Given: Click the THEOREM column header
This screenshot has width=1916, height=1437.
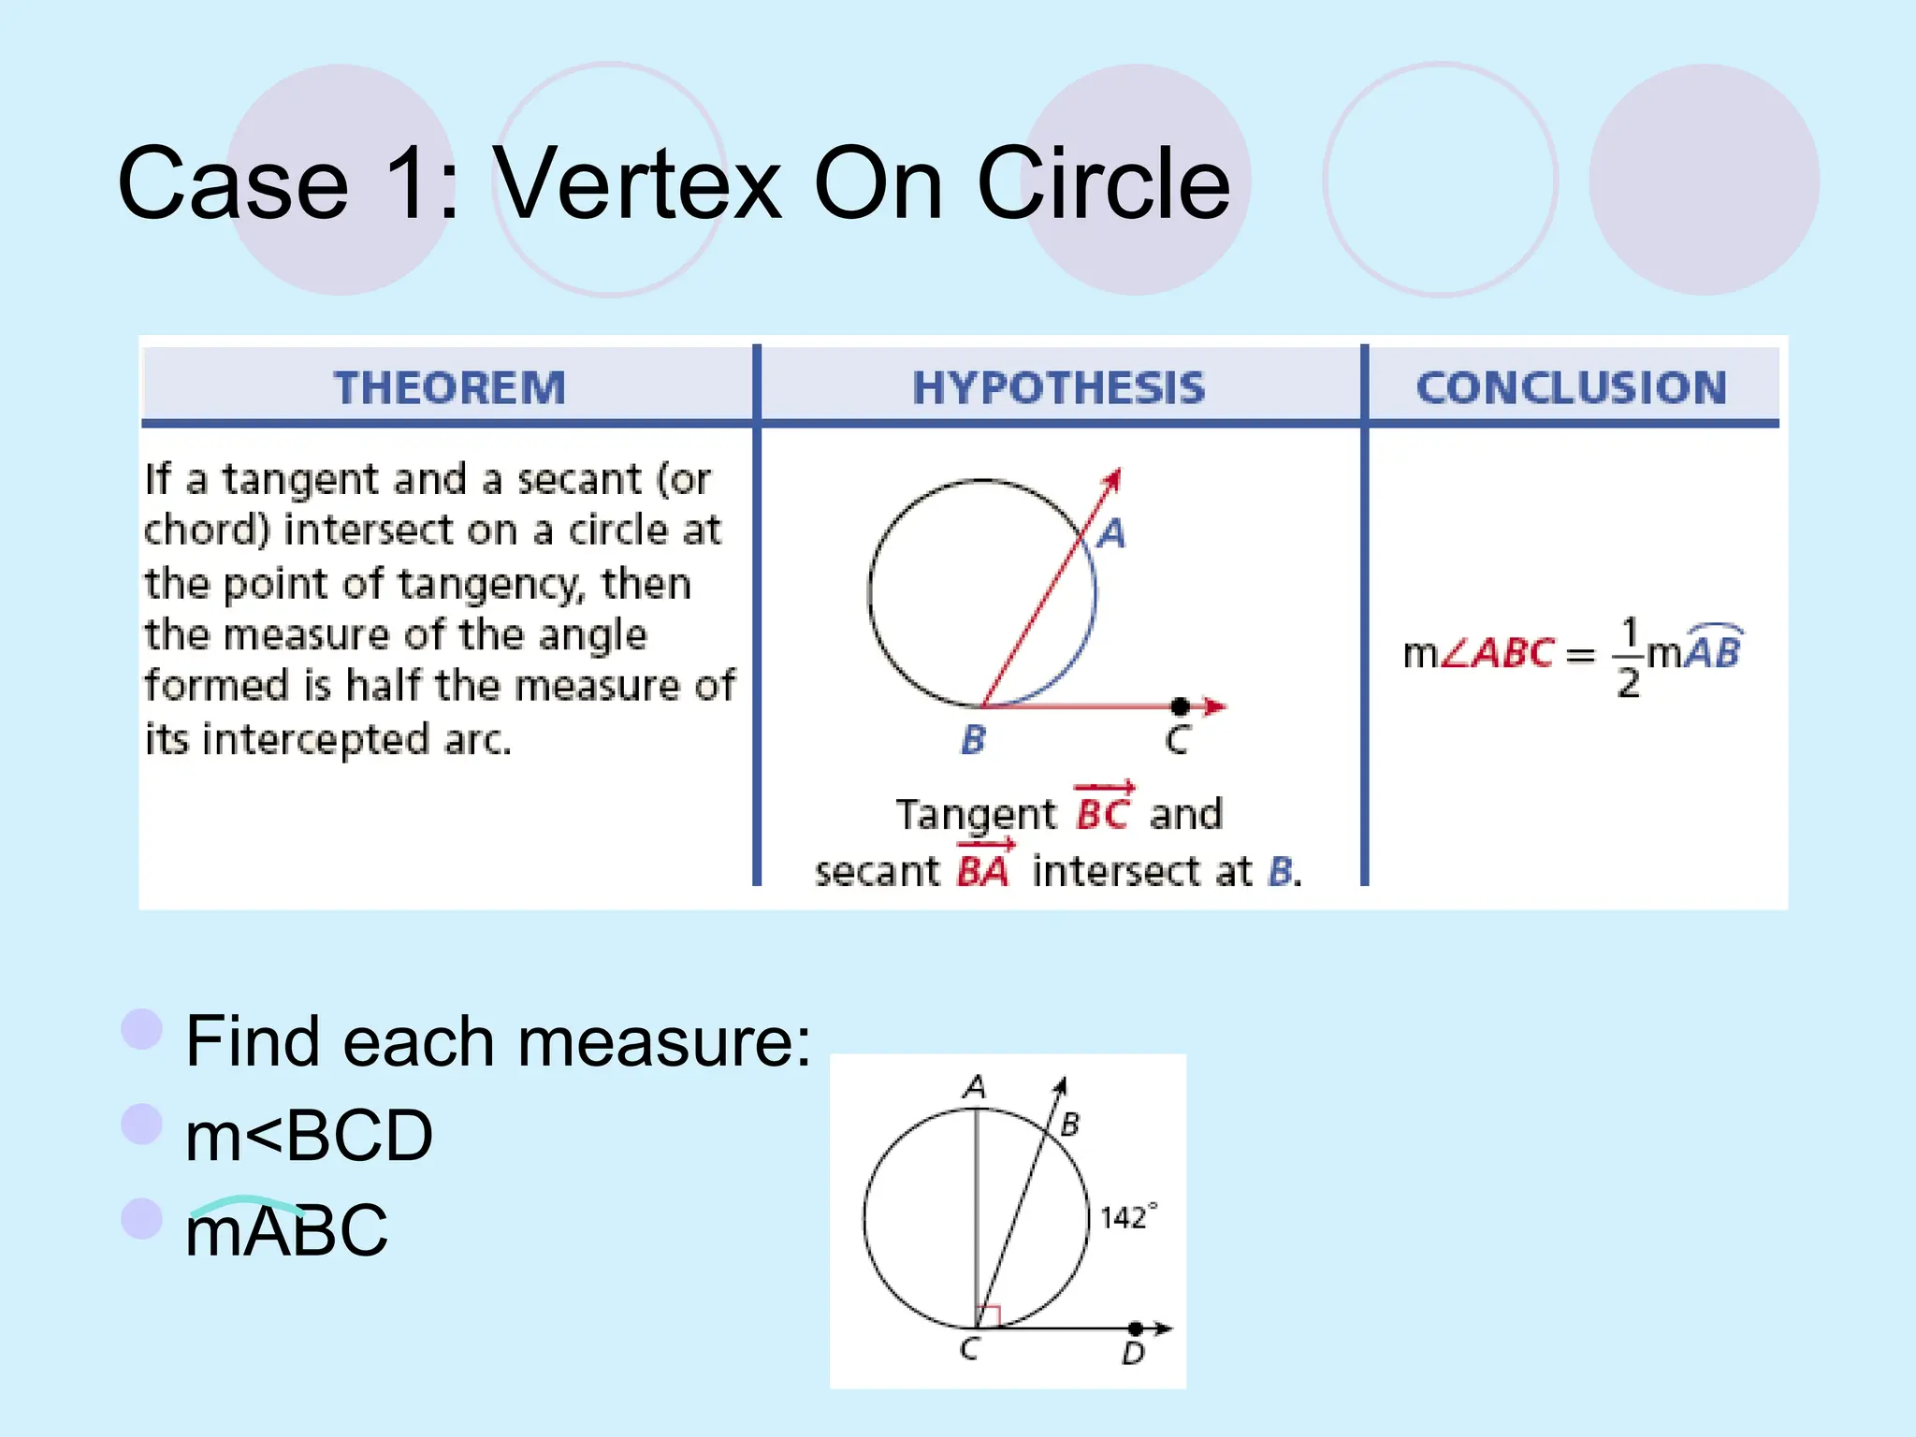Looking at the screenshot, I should coord(449,387).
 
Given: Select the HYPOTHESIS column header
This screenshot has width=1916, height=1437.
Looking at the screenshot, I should coord(1058,387).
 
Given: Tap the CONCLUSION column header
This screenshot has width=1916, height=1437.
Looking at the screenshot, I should coord(1571,387).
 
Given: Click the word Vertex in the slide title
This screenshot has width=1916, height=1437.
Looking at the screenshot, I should coord(637,183).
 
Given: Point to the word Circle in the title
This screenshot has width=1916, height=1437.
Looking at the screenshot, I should coord(1103,183).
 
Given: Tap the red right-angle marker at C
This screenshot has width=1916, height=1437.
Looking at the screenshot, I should coord(989,1316).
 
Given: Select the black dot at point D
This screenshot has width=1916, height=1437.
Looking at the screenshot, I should coord(1135,1328).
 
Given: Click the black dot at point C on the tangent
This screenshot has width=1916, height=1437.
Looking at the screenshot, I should coord(1181,706).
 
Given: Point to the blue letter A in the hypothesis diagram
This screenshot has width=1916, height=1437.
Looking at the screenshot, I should coord(1111,534).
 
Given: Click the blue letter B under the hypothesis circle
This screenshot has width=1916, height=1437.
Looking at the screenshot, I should coord(973,740).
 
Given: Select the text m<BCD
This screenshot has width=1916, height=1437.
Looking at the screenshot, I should coord(309,1136).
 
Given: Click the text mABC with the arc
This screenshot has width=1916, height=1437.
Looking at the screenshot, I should coord(286,1229).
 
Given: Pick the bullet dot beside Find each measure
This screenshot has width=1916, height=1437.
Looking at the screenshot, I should coord(142,1029).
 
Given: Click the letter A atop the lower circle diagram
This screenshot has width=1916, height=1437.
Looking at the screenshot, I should coord(975,1087).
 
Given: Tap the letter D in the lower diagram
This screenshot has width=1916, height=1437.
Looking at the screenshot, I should coord(1133,1354).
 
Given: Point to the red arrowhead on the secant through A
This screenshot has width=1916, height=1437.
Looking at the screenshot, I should coord(1112,479).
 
